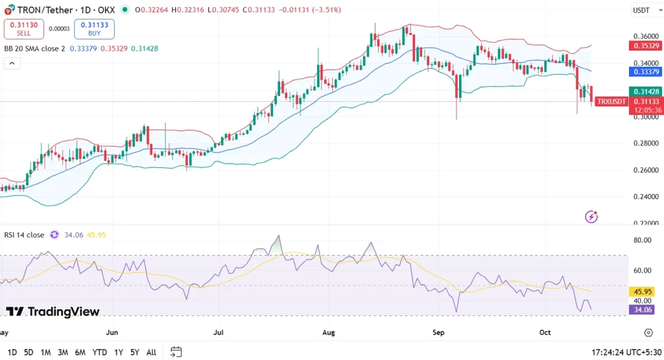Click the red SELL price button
pos(23,29)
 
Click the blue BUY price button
pos(94,29)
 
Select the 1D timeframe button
pos(11,352)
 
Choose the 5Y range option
pos(134,352)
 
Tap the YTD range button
pos(100,352)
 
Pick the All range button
pos(151,352)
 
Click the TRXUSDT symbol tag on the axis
pos(611,102)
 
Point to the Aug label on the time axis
pos(329,332)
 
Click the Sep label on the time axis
pos(438,332)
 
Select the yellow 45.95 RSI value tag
pos(644,292)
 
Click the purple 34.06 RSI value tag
pos(644,309)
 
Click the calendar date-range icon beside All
pos(176,352)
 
